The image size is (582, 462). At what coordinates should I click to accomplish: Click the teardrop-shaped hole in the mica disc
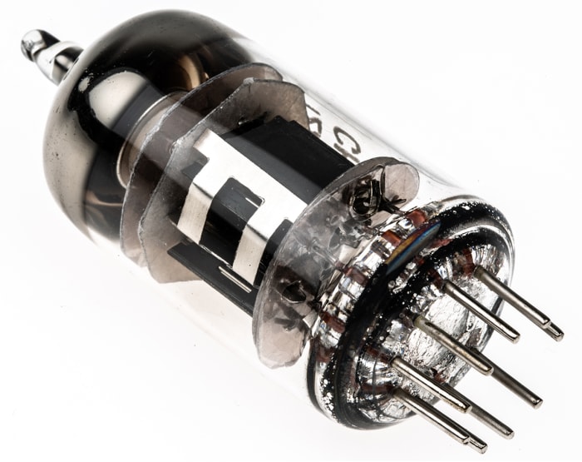[293, 292]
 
